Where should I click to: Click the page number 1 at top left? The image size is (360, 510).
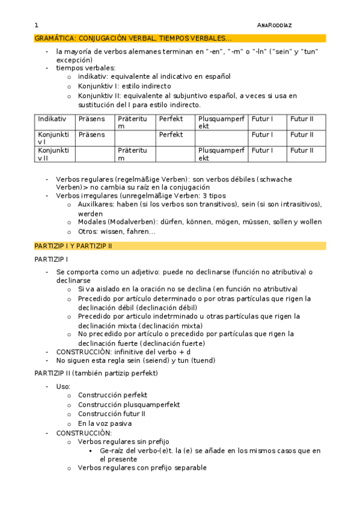tap(37, 25)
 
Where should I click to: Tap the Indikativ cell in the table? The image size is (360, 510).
tap(52, 119)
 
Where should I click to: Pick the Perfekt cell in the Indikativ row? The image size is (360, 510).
tap(171, 119)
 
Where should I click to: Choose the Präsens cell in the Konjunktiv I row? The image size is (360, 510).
tap(91, 135)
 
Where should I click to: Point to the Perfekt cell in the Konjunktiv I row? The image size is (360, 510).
tap(171, 135)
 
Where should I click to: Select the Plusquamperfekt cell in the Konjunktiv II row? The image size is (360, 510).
tap(221, 154)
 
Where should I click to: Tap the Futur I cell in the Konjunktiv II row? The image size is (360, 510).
tap(262, 150)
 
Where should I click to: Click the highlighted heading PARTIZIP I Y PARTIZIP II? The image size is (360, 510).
tap(73, 246)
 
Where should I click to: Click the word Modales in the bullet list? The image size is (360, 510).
tap(93, 222)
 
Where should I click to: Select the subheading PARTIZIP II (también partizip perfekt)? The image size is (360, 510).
tap(96, 373)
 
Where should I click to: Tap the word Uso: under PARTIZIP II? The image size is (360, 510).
tap(63, 387)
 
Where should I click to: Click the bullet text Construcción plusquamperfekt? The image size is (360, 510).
tap(129, 405)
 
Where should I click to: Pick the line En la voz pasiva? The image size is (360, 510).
tap(105, 423)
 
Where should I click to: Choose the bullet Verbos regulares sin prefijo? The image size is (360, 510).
tap(124, 441)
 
